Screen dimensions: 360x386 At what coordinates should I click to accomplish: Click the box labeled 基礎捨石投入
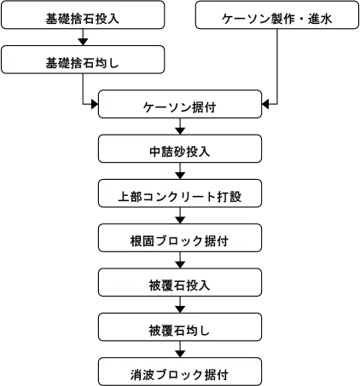[83, 14]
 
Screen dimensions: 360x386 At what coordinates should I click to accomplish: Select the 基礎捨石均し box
[83, 60]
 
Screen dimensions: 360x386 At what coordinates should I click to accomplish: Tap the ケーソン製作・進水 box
[277, 14]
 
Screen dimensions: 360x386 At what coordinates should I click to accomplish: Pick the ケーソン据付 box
[180, 104]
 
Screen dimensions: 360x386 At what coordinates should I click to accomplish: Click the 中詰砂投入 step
[180, 148]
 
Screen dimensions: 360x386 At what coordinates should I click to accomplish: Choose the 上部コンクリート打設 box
[180, 193]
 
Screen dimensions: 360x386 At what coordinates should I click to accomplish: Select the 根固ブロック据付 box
[180, 238]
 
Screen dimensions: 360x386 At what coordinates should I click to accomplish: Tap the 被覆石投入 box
[180, 282]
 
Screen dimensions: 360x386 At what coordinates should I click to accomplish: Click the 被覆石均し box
[180, 327]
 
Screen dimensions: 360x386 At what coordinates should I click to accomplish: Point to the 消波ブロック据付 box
[180, 372]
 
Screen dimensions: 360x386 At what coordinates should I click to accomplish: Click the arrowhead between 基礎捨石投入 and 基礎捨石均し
[83, 42]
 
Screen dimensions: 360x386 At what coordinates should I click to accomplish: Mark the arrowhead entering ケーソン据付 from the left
[95, 104]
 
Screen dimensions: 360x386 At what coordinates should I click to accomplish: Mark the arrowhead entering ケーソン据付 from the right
[265, 104]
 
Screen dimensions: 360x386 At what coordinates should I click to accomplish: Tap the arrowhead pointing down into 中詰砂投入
[180, 131]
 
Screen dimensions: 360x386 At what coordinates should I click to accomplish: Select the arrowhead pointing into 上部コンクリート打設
[180, 176]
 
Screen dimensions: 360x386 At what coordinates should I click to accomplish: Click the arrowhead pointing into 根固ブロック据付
[180, 220]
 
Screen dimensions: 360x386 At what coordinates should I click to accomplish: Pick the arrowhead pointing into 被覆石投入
[180, 265]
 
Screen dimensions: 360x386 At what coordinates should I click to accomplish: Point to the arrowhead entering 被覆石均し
[180, 309]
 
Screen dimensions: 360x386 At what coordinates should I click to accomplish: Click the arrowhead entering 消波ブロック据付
[180, 354]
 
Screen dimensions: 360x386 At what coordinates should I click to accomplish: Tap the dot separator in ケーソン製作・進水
[301, 20]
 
